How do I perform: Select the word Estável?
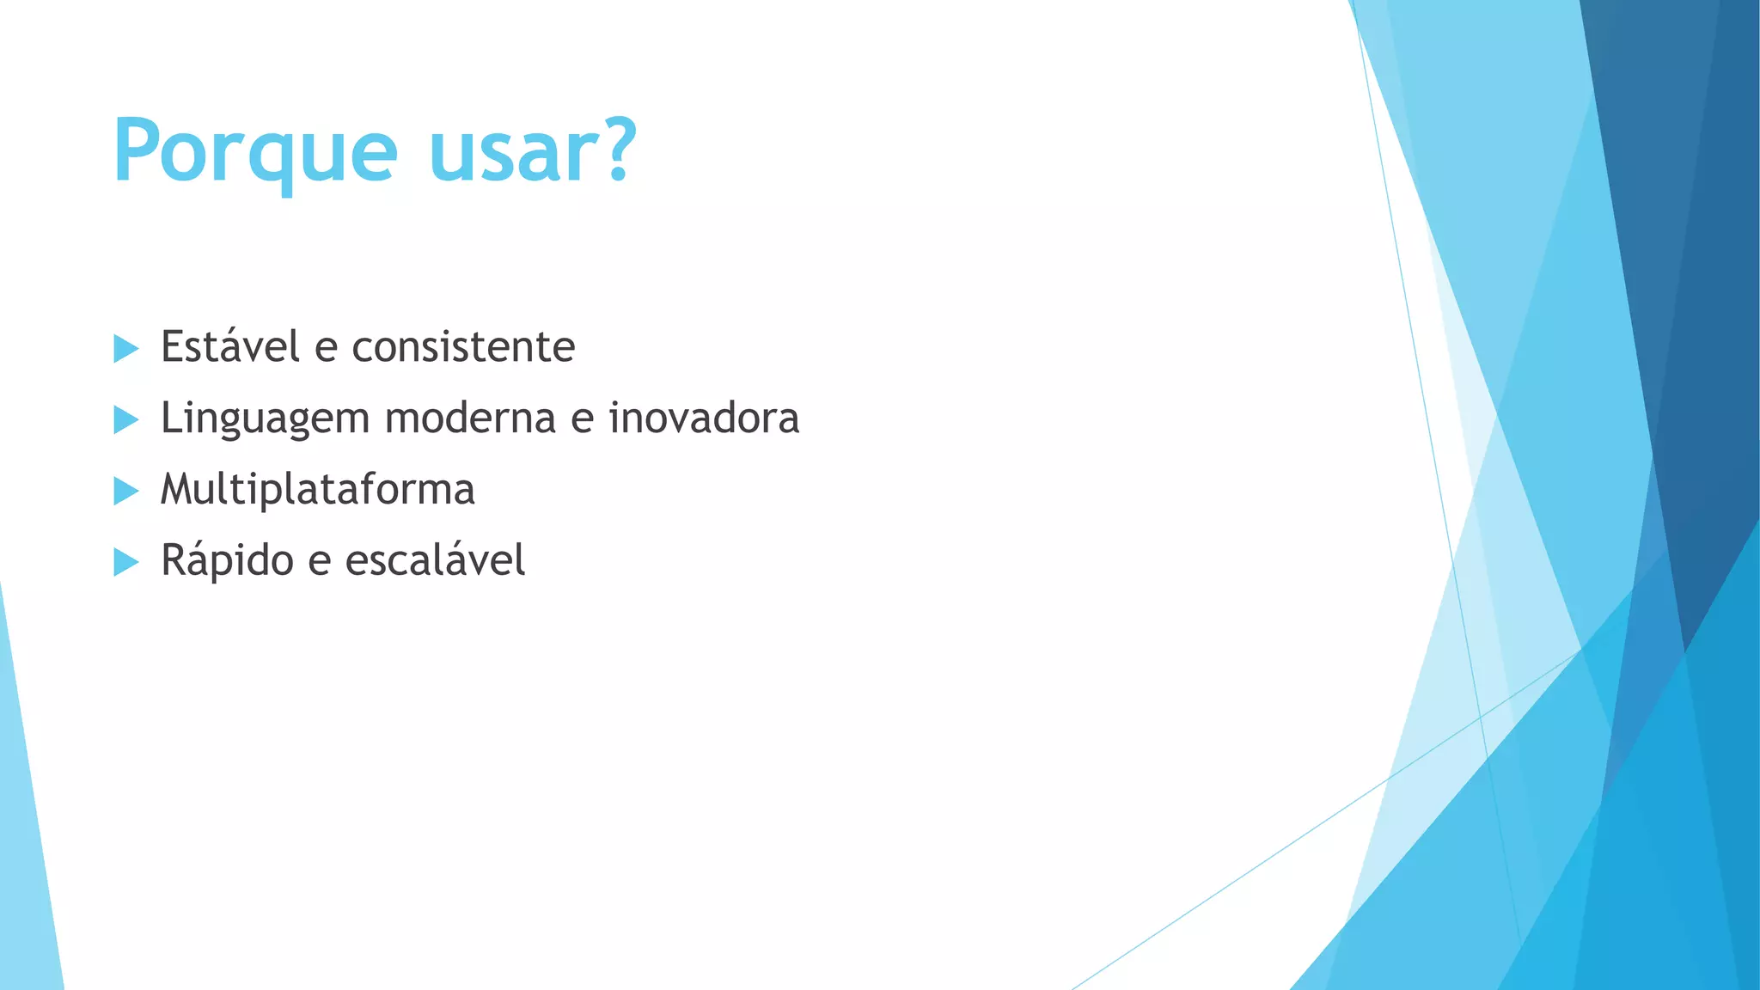(x=230, y=346)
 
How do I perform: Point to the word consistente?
(x=463, y=347)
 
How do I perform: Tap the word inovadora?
(x=704, y=419)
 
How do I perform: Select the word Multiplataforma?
(x=317, y=490)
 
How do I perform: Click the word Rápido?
(x=227, y=562)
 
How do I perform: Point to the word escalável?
(x=435, y=560)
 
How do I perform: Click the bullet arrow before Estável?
(x=125, y=349)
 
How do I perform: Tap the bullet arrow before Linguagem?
(x=125, y=420)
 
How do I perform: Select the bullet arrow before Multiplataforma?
(x=125, y=492)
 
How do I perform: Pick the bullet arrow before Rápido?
(x=125, y=563)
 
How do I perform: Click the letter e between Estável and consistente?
(x=326, y=350)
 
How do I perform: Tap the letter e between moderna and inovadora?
(x=582, y=420)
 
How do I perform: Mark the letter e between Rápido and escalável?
(x=319, y=563)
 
